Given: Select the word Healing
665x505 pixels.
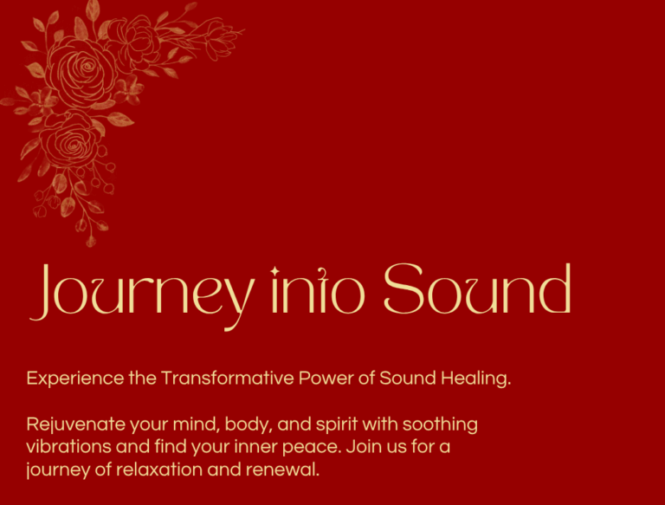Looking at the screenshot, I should tap(475, 379).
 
